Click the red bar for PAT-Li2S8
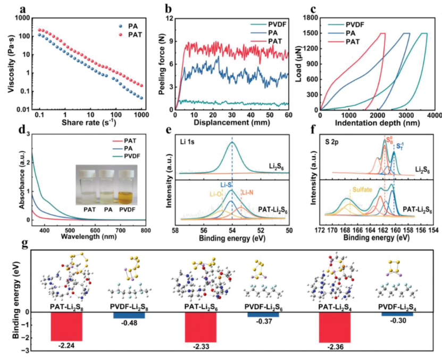pyautogui.click(x=66, y=326)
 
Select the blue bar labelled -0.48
pyautogui.click(x=129, y=315)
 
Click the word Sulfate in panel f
pyautogui.click(x=362, y=188)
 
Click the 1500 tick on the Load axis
pyautogui.click(x=310, y=33)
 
